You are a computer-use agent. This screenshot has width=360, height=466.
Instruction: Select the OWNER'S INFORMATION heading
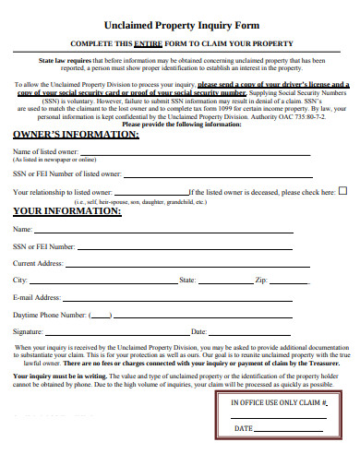[76, 135]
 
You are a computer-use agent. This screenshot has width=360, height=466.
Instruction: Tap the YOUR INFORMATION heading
[66, 209]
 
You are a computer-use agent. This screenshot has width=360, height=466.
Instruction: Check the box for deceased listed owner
[342, 191]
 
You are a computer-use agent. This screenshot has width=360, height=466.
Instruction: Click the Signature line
[115, 332]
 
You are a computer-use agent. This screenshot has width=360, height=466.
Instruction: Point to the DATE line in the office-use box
[291, 431]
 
